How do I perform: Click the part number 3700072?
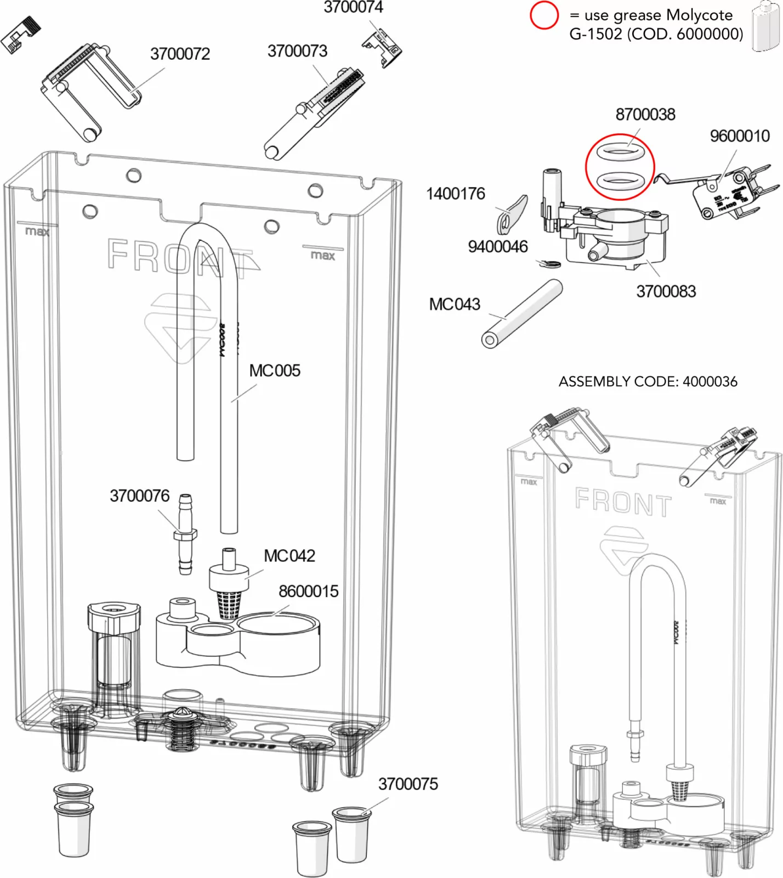[180, 54]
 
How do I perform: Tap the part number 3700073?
[297, 52]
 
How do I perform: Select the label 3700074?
[353, 8]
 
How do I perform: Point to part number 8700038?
[645, 115]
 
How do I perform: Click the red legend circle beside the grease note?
[544, 15]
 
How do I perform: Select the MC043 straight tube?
[522, 314]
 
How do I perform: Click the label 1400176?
[456, 194]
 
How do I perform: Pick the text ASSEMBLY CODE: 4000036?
[648, 381]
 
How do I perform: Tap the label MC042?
[290, 556]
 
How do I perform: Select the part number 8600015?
[308, 592]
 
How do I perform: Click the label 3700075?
[408, 784]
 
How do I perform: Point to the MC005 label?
[275, 371]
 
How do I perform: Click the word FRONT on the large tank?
[181, 257]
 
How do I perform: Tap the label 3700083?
[666, 291]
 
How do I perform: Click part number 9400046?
[497, 247]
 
